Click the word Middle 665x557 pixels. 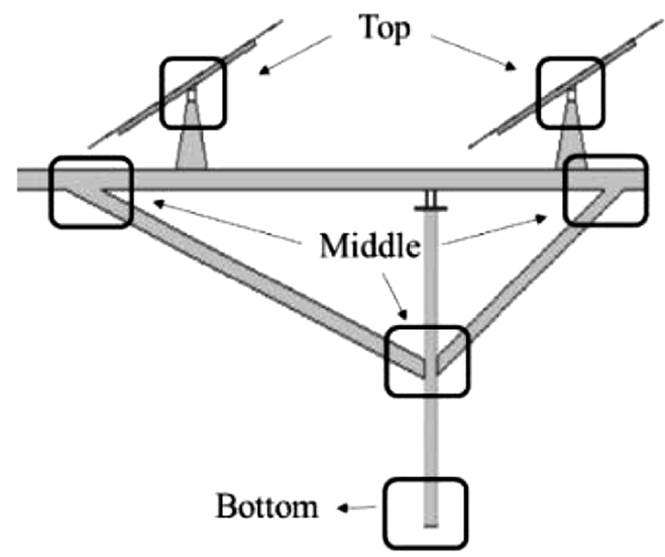point(369,247)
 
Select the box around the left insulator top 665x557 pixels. point(194,91)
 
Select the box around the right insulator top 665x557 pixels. point(570,91)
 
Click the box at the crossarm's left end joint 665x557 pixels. point(91,191)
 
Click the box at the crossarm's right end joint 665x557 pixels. point(604,190)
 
